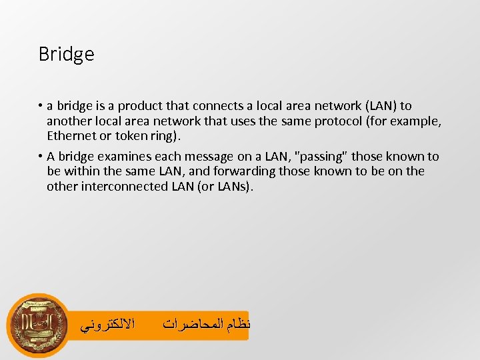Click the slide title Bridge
coord(66,54)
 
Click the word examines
coord(122,157)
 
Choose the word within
coord(83,171)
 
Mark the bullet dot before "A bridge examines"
coord(41,157)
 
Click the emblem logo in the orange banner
coord(37,326)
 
